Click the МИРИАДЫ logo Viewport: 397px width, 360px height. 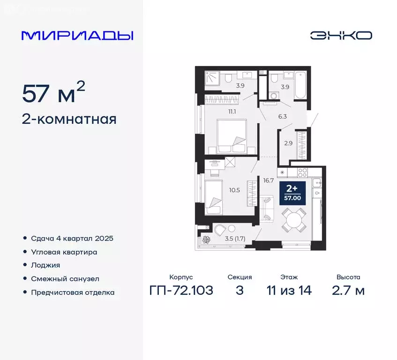click(77, 36)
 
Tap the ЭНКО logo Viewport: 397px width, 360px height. click(341, 35)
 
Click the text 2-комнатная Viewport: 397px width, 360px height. click(69, 120)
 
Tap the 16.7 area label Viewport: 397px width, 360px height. click(267, 180)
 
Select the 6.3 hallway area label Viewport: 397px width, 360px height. click(282, 116)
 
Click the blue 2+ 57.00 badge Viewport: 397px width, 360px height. click(292, 193)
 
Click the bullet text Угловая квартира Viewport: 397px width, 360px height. click(64, 252)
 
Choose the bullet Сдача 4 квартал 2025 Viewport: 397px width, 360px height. click(72, 238)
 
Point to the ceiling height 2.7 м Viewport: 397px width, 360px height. click(348, 290)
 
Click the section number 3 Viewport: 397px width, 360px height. click(240, 290)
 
